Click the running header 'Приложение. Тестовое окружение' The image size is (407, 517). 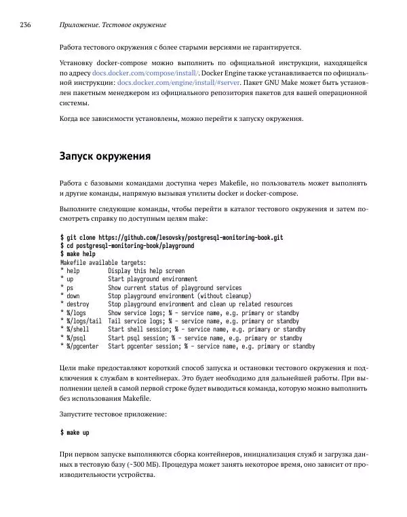(x=113, y=25)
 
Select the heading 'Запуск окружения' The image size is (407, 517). (x=105, y=156)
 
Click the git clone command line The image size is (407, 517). (x=172, y=238)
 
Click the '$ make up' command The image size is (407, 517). (x=75, y=432)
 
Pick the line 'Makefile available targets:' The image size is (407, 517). (x=103, y=262)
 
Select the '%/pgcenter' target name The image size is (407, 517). (x=82, y=346)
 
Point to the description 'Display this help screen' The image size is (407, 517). (x=146, y=270)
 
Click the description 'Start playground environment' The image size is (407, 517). (x=153, y=279)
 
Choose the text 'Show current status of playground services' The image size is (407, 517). (x=174, y=287)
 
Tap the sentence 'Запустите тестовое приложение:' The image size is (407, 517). (x=113, y=414)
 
